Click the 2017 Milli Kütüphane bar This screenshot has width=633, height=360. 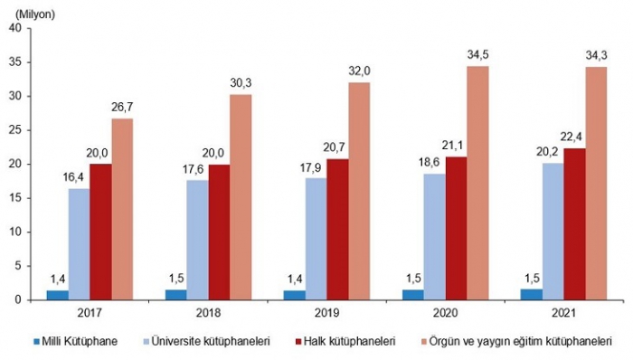(x=58, y=295)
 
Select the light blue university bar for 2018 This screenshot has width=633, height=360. (x=198, y=240)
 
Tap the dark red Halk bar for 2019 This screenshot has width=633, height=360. (x=338, y=230)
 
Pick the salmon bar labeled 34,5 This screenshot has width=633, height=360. (x=478, y=183)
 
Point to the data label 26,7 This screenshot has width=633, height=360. (x=122, y=108)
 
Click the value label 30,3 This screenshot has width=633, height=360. (x=241, y=83)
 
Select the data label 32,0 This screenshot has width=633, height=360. (x=359, y=71)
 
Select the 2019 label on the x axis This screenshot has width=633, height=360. (x=327, y=313)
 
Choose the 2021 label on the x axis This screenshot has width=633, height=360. (x=564, y=313)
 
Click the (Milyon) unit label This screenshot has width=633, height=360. (x=35, y=14)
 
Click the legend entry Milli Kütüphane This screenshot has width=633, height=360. (x=75, y=341)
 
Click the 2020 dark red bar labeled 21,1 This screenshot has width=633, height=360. (x=456, y=229)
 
